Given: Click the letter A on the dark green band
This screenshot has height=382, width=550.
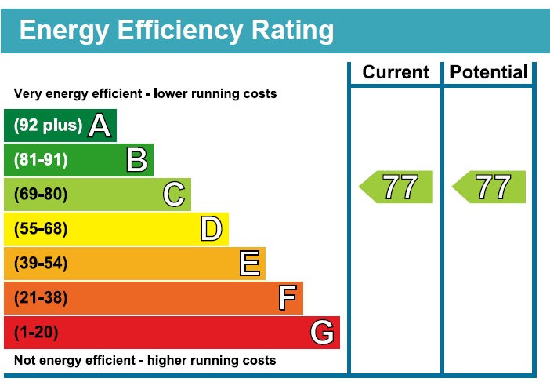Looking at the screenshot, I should click(x=99, y=126).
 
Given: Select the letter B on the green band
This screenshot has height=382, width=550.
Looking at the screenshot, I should click(x=137, y=160).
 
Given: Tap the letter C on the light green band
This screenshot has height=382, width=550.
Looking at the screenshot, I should click(x=174, y=195).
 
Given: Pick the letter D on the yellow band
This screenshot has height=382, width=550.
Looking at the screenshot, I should click(x=212, y=229).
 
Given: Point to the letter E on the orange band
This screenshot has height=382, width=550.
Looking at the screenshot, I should click(x=249, y=264).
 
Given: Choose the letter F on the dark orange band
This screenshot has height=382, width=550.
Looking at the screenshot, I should click(x=288, y=298).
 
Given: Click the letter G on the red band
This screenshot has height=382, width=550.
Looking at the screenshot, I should click(x=322, y=333).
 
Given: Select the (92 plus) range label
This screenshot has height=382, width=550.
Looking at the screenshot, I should click(x=48, y=126).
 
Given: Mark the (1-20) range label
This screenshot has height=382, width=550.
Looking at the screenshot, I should click(x=36, y=333).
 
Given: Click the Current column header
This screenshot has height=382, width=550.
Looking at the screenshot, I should click(x=396, y=73).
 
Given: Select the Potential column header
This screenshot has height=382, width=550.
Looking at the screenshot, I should click(x=489, y=73).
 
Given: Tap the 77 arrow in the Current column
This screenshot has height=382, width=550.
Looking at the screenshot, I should click(x=398, y=187).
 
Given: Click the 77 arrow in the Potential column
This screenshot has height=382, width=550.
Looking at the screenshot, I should click(x=491, y=187).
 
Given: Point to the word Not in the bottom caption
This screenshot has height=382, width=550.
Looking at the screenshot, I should click(x=25, y=361).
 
